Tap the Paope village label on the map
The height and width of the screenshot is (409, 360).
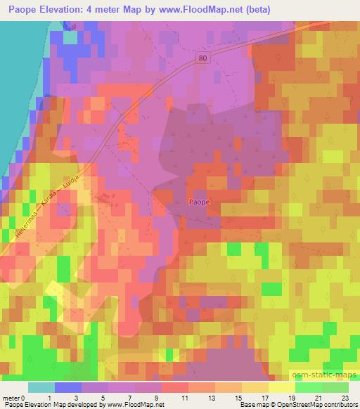[199, 202]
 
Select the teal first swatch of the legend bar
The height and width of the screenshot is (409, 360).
[41, 387]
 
